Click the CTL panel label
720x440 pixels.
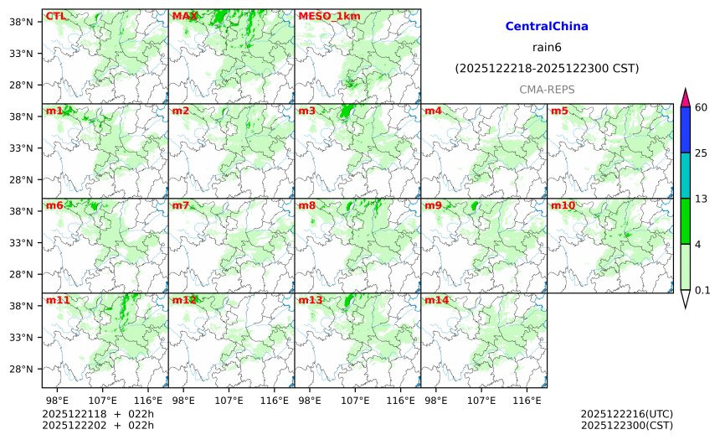(55, 16)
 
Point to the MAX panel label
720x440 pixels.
(184, 16)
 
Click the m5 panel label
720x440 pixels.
(559, 111)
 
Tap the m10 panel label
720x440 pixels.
(563, 205)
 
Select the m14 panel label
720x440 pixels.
(436, 300)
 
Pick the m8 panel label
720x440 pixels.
(306, 205)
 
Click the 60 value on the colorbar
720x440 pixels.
(701, 107)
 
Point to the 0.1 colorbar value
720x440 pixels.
(702, 291)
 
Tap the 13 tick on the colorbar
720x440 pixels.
(701, 199)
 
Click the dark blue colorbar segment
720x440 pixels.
(686, 130)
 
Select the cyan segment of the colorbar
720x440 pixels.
(686, 175)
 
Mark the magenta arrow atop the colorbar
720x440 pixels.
(686, 97)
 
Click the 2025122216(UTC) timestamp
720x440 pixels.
(626, 414)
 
